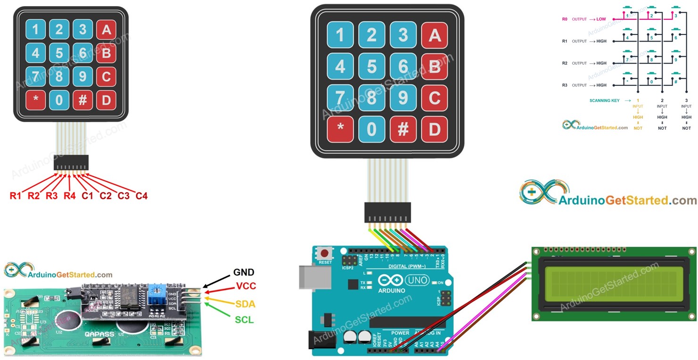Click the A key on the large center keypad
(434, 35)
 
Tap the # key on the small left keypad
(83, 100)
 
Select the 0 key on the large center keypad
(372, 129)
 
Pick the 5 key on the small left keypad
(59, 53)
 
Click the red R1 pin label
(16, 195)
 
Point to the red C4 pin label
(141, 195)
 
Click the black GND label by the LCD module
(244, 272)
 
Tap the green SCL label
(244, 320)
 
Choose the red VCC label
(246, 286)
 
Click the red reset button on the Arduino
(325, 252)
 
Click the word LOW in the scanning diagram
(601, 19)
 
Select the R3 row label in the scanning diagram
(565, 85)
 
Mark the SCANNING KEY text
(604, 100)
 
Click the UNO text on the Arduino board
(417, 281)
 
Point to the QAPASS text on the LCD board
(100, 334)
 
